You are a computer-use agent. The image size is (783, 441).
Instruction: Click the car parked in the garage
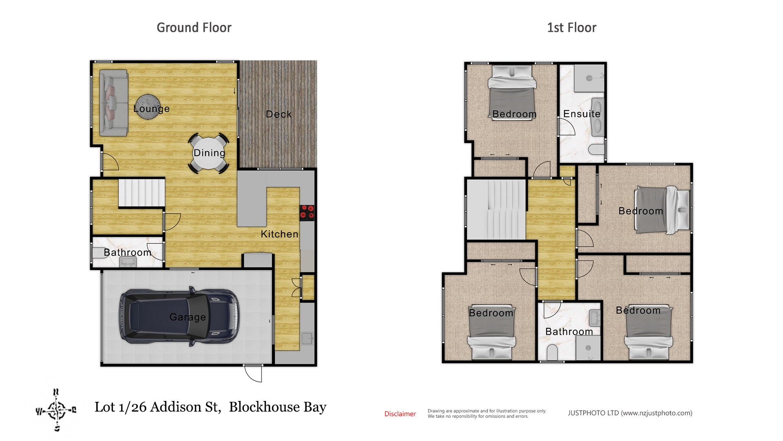179,316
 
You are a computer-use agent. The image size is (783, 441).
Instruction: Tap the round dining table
208,153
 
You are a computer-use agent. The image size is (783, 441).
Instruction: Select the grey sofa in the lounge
113,102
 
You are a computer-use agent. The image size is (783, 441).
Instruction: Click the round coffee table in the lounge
148,107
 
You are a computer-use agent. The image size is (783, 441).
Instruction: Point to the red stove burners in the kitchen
307,212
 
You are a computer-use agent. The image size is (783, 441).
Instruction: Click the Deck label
279,114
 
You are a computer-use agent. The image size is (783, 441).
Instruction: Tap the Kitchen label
279,234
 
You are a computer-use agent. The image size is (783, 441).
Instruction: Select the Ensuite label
582,114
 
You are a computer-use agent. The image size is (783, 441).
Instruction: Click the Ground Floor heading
194,28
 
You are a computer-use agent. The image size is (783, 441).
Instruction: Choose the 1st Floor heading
572,28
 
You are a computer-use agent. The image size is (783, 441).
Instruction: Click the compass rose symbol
56,410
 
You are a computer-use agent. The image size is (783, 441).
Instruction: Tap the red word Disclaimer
400,414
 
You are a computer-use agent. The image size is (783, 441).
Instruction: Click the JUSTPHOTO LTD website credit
630,413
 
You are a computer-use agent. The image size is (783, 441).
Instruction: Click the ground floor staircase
142,193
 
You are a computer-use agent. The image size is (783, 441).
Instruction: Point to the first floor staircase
496,209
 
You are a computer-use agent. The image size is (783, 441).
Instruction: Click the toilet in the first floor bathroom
552,352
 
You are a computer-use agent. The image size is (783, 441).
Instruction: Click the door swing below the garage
253,374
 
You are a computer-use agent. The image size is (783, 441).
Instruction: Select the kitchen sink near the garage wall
307,338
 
